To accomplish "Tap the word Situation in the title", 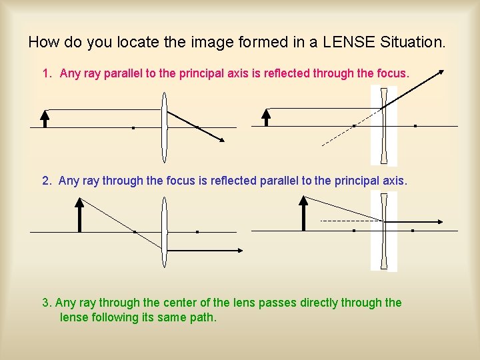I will pyautogui.click(x=411, y=43).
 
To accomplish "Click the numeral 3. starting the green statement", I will pyautogui.click(x=47, y=303).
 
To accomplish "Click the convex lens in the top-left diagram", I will pyautogui.click(x=164, y=127).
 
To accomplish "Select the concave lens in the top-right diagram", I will pyautogui.click(x=383, y=127).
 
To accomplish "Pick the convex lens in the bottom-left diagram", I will pyautogui.click(x=164, y=232).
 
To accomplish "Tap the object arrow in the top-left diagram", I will pyautogui.click(x=45, y=118).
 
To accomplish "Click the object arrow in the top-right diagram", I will pyautogui.click(x=266, y=118).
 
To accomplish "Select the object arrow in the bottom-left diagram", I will pyautogui.click(x=79, y=215).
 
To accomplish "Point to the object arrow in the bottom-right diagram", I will pyautogui.click(x=303, y=214).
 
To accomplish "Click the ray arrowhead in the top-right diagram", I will pyautogui.click(x=442, y=71).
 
